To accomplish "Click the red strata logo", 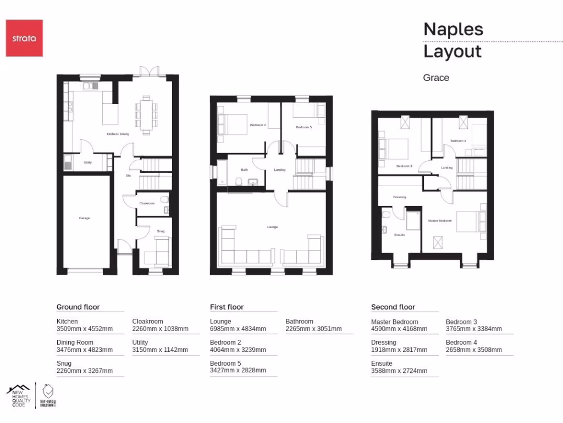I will pyautogui.click(x=24, y=38).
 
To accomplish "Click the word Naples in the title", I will pyautogui.click(x=453, y=29).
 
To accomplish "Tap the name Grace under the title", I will pyautogui.click(x=436, y=78).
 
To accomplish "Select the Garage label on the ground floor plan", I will pyautogui.click(x=84, y=218).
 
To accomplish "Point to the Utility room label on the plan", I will pyautogui.click(x=87, y=162).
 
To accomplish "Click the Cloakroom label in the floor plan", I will pyautogui.click(x=147, y=203).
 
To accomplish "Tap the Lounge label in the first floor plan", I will pyautogui.click(x=272, y=227).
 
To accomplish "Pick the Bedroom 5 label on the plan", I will pyautogui.click(x=303, y=127).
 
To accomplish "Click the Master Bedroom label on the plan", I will pyautogui.click(x=440, y=221).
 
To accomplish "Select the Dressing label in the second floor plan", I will pyautogui.click(x=399, y=197).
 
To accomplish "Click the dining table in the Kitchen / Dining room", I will pyautogui.click(x=146, y=115).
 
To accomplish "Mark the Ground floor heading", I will pyautogui.click(x=78, y=307).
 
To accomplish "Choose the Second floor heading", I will pyautogui.click(x=393, y=307).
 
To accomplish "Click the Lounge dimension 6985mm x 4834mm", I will pyautogui.click(x=238, y=329).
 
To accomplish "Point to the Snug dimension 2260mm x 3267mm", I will pyautogui.click(x=84, y=371).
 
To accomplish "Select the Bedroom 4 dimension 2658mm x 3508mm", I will pyautogui.click(x=473, y=350).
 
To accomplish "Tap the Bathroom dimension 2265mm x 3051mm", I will pyautogui.click(x=313, y=329).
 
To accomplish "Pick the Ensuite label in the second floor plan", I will pyautogui.click(x=400, y=235).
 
